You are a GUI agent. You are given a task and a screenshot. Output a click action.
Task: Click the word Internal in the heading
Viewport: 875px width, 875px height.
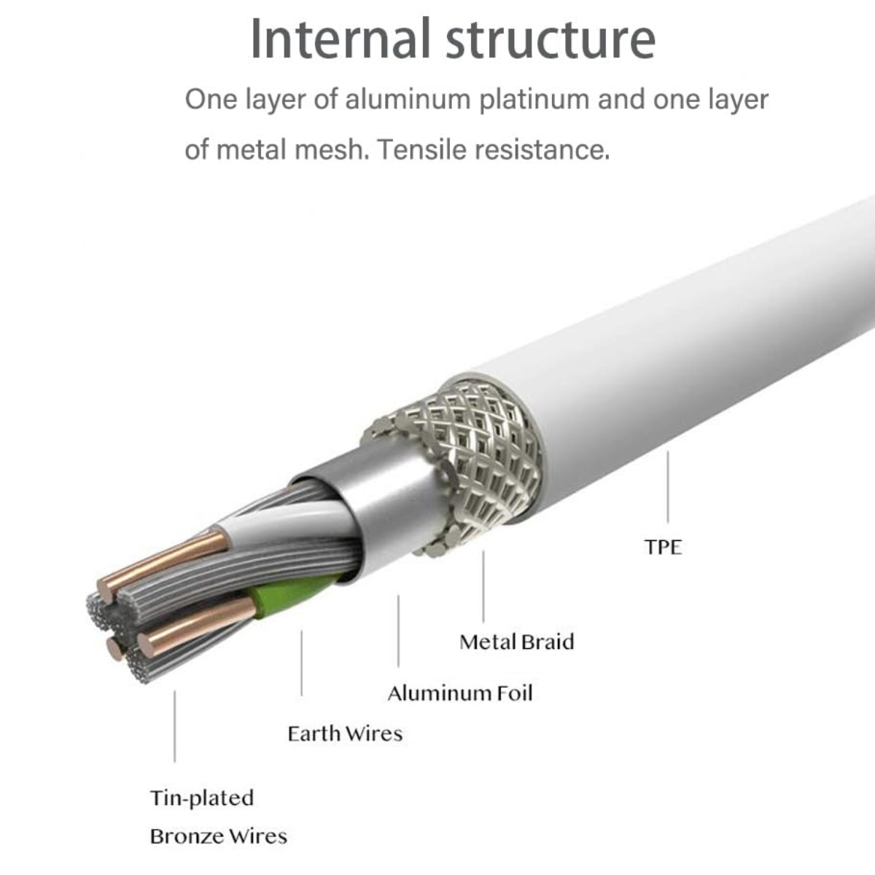(x=340, y=39)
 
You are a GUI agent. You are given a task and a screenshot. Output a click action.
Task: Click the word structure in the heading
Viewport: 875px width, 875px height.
(x=551, y=41)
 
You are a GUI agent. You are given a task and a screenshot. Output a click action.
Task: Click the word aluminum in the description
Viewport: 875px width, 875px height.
(x=408, y=99)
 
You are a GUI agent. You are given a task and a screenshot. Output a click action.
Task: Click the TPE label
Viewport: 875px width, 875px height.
(x=663, y=547)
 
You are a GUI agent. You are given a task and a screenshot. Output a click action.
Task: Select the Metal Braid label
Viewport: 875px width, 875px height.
(x=517, y=642)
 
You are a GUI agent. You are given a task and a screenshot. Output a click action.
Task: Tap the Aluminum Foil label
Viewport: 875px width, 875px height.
(x=460, y=693)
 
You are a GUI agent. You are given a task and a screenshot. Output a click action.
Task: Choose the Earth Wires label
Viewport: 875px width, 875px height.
(x=345, y=734)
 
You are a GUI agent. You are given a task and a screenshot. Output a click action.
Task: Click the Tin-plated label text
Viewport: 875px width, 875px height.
(x=202, y=798)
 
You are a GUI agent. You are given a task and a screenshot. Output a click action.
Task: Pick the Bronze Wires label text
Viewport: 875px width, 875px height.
(x=219, y=836)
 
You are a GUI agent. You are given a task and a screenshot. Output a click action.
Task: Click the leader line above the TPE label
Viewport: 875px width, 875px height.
(x=667, y=487)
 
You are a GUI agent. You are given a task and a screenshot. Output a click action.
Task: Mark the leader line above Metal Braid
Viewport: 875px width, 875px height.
(x=483, y=587)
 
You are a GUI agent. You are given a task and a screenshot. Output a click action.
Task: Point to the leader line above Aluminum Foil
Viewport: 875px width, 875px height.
(x=398, y=631)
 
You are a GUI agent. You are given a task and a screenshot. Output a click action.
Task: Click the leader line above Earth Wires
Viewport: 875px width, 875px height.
(x=301, y=663)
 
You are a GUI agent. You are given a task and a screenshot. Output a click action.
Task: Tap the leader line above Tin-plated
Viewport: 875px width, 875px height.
(x=175, y=726)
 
